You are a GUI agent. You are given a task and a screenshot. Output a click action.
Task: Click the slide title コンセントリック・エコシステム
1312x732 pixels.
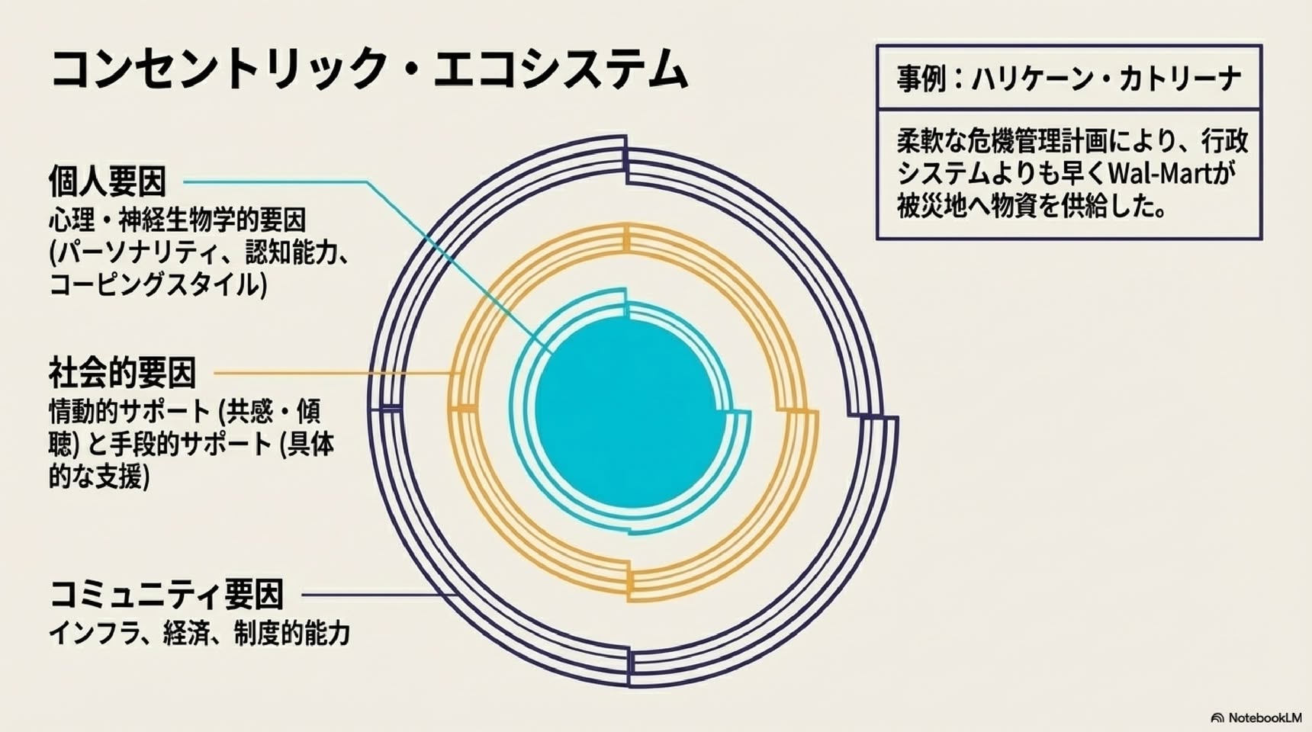click(x=369, y=69)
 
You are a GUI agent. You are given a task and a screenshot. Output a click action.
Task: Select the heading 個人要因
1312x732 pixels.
click(x=108, y=181)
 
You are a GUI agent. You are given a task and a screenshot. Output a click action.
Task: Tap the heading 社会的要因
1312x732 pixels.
click(x=122, y=373)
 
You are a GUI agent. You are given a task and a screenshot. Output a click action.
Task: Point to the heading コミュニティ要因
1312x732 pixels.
click(x=166, y=595)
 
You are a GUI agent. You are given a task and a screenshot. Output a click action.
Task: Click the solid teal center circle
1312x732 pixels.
click(x=630, y=413)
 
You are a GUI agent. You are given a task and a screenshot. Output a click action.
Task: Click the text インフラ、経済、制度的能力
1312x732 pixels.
click(x=200, y=633)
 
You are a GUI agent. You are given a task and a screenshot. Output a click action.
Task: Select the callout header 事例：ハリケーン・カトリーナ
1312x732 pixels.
click(x=1069, y=79)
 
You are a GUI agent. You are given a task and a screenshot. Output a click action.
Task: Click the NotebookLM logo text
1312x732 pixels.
click(x=1264, y=718)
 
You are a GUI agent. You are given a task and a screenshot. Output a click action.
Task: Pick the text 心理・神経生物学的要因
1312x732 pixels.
click(x=178, y=220)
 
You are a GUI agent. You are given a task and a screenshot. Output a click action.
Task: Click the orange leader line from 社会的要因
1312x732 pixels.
click(x=336, y=374)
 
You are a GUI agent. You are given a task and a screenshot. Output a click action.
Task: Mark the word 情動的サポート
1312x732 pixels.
click(x=129, y=412)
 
